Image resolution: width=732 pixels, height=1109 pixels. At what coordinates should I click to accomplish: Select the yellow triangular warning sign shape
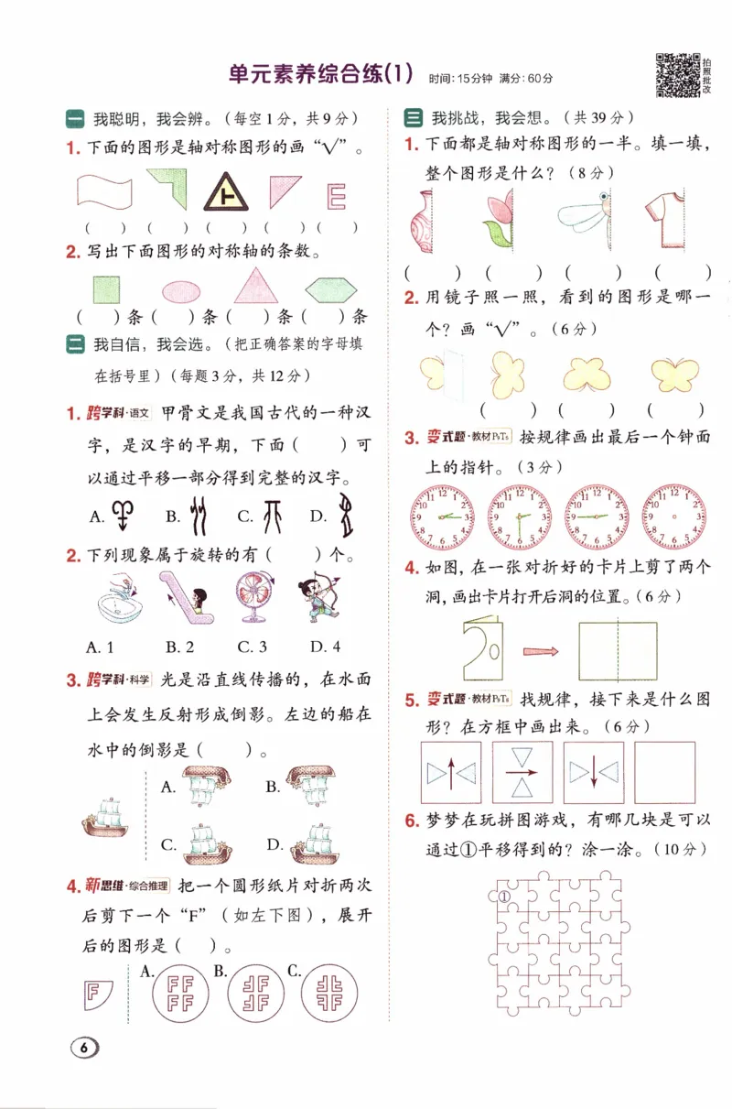click(x=222, y=193)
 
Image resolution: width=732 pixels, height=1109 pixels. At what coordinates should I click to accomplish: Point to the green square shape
click(x=106, y=289)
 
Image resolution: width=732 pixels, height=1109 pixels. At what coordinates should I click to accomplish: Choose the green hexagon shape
click(x=331, y=290)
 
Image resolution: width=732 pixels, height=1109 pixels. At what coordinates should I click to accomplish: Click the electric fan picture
click(x=255, y=597)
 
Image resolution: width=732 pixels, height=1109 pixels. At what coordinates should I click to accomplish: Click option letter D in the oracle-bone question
click(x=318, y=516)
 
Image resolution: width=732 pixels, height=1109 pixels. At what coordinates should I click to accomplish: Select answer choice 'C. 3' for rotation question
click(x=252, y=647)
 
